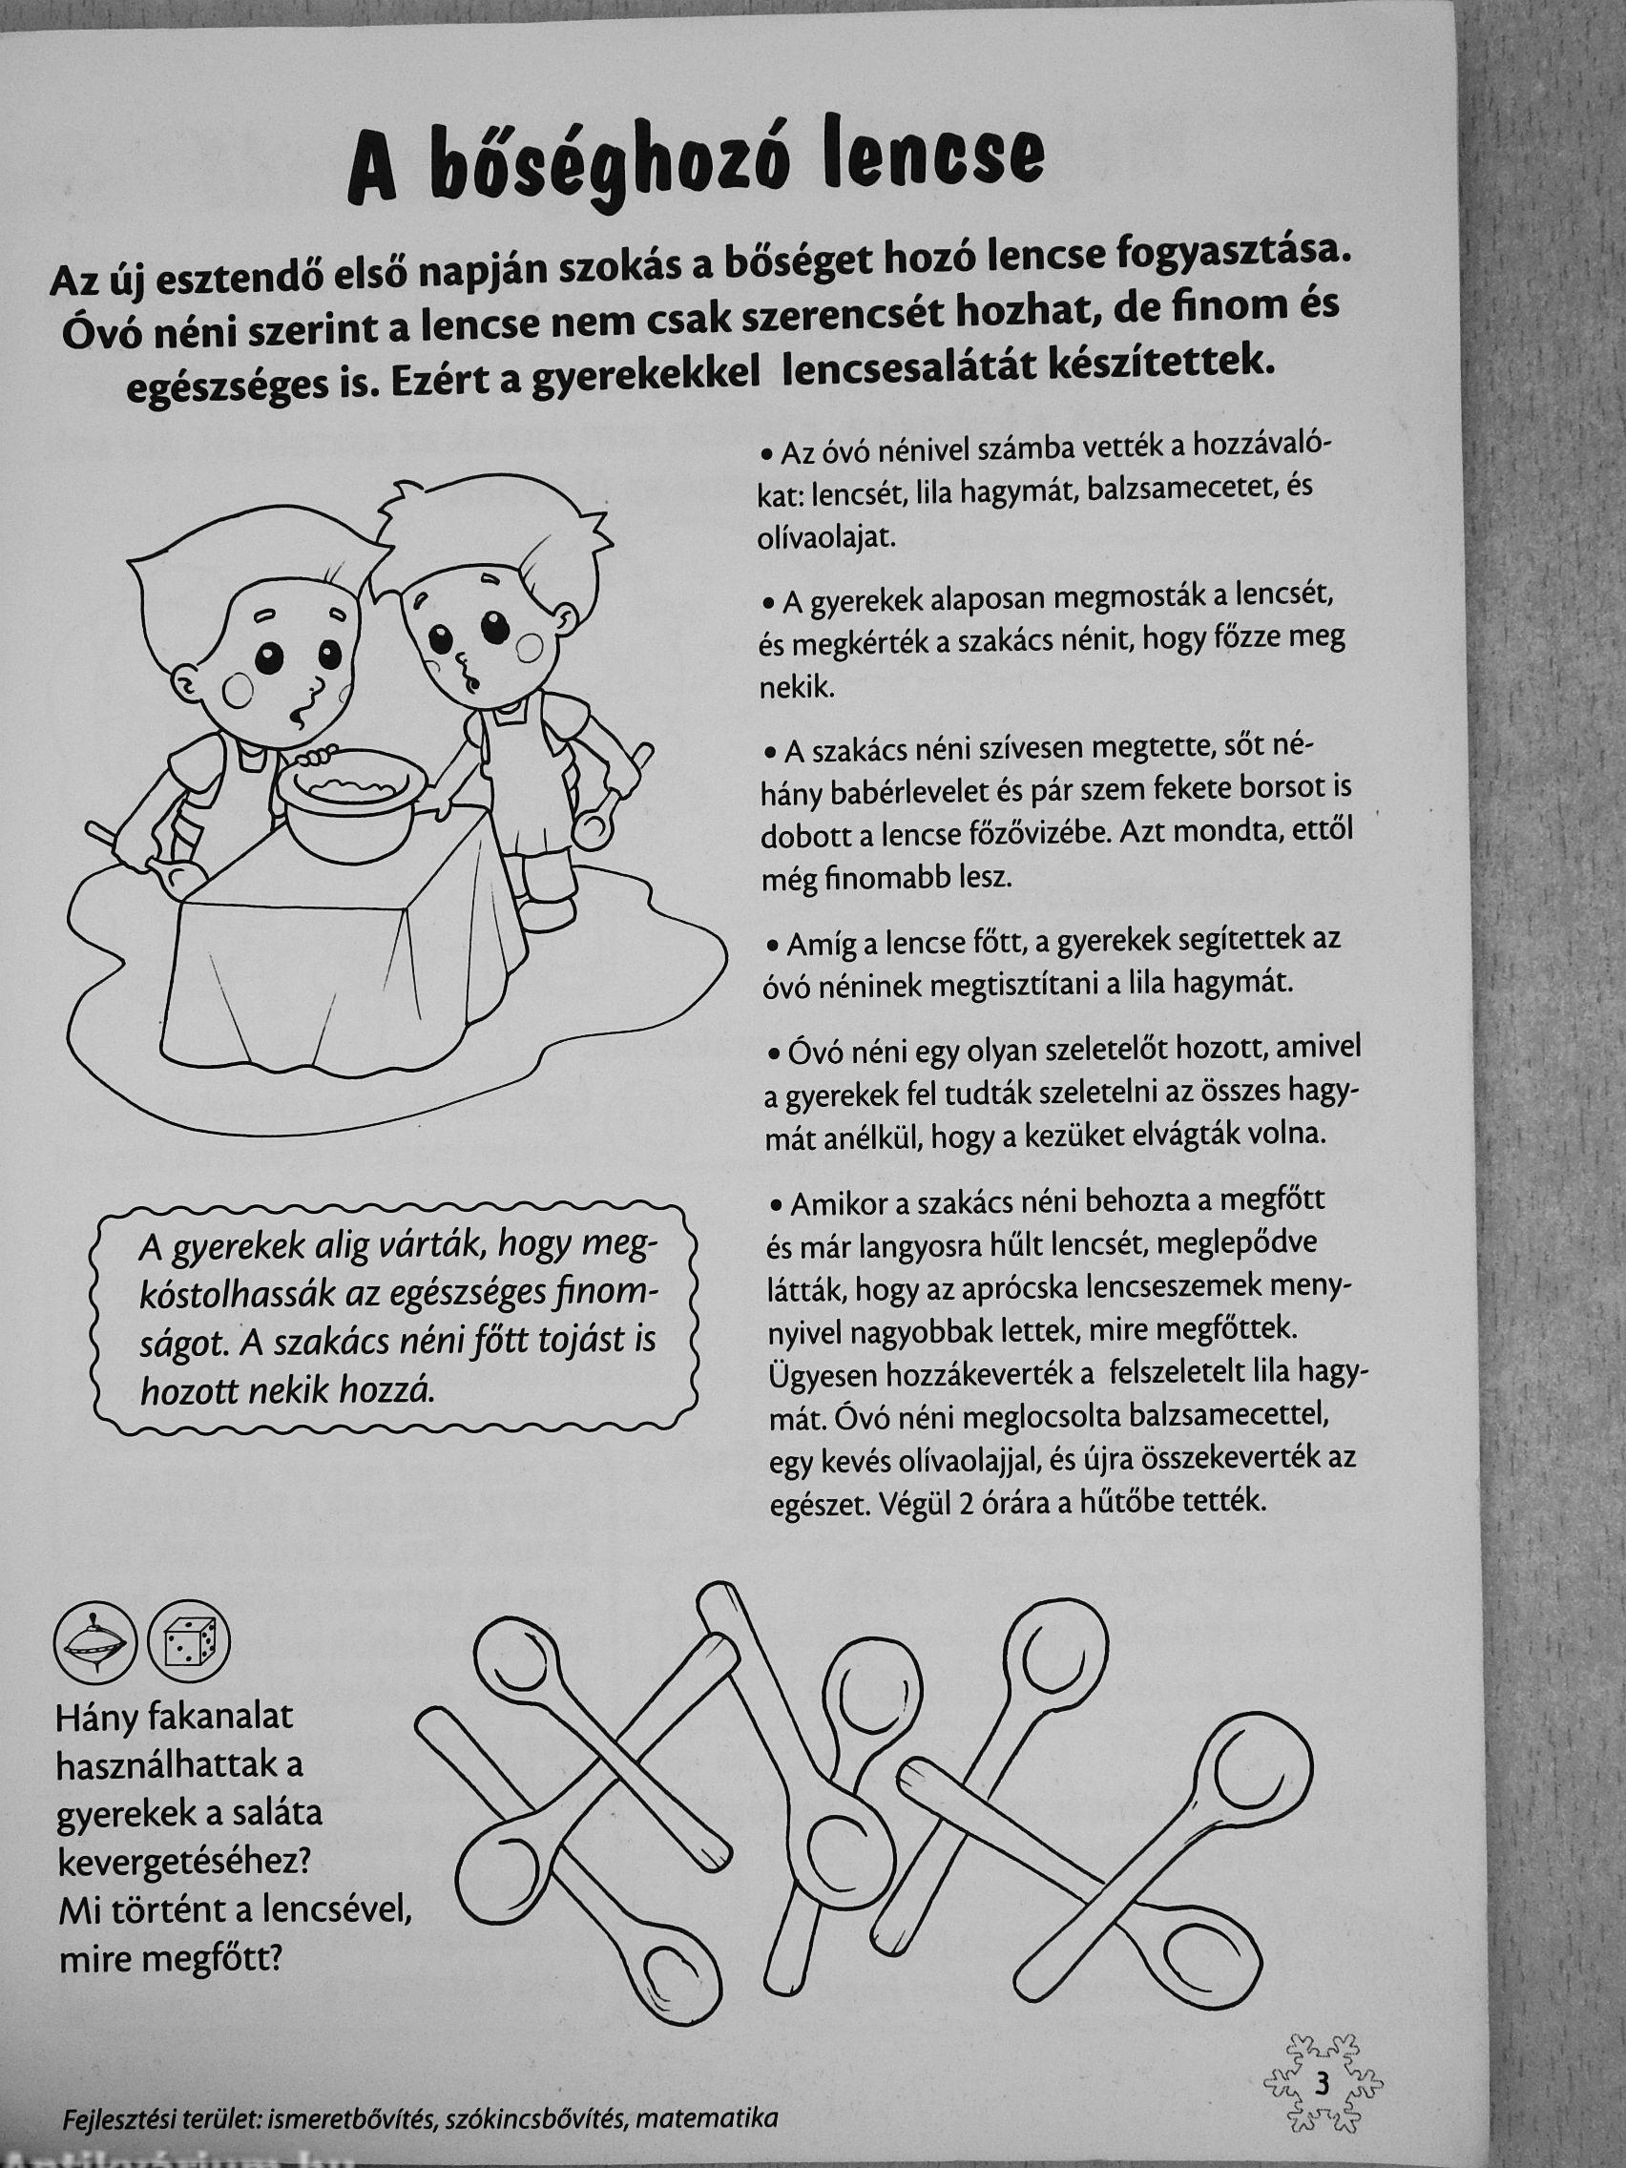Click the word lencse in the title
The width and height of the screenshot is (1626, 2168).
tap(928, 159)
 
